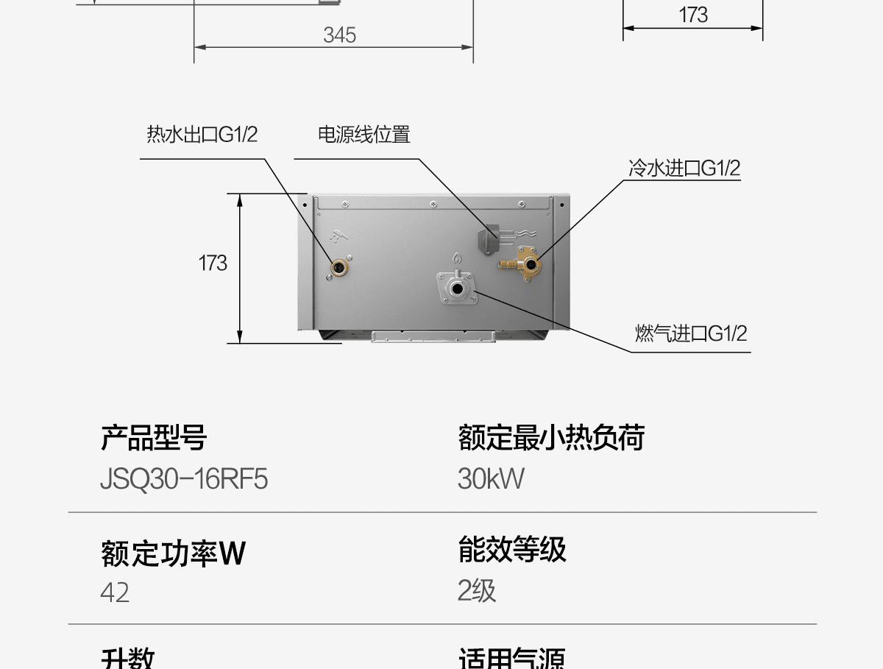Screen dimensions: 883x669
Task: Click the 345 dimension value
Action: click(339, 35)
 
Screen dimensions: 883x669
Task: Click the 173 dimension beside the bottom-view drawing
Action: click(213, 263)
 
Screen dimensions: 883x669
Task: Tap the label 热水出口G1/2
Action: click(202, 135)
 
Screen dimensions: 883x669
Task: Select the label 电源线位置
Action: click(364, 135)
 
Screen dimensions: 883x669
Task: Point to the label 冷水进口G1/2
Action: click(684, 169)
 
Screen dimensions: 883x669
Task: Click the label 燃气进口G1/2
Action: click(691, 333)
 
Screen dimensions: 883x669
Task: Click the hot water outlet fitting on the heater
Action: click(338, 267)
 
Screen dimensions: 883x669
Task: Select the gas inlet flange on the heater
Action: click(458, 288)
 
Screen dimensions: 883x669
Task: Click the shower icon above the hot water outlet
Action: click(338, 238)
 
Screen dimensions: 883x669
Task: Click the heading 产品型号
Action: click(154, 438)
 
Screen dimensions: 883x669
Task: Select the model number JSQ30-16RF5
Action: click(184, 479)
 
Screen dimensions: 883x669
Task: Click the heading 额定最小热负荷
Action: click(551, 438)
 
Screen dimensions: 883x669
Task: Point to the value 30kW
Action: click(491, 479)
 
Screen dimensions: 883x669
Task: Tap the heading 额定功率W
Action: click(173, 553)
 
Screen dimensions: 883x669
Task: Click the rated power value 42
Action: click(115, 592)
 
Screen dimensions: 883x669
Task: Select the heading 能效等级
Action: click(512, 550)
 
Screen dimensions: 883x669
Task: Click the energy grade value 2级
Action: click(477, 591)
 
